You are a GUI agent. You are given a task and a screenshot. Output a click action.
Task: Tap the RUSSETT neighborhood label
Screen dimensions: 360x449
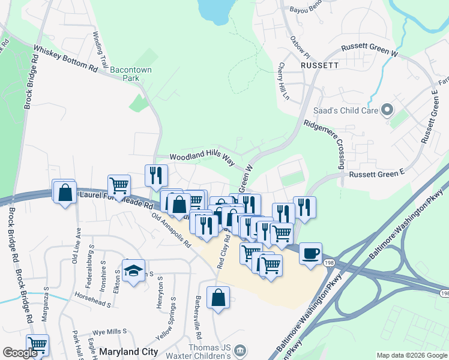coord(320,64)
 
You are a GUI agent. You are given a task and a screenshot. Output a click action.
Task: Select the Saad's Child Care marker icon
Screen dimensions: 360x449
coord(387,110)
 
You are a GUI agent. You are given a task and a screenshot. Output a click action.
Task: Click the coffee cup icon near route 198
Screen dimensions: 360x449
coord(310,253)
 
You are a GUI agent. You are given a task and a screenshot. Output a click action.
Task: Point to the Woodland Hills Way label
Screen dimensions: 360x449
coord(202,157)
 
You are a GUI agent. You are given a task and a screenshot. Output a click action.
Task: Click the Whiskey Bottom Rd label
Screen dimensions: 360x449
coord(65,59)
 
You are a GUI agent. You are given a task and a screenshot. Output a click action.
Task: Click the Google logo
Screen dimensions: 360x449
coord(20,353)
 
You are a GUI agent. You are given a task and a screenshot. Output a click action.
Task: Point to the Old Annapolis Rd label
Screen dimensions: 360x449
coord(171,230)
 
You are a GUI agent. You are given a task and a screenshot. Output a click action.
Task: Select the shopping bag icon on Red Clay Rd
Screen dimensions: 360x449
coord(218,297)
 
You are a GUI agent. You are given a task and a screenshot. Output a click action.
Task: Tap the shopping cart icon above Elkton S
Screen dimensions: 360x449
coord(119,185)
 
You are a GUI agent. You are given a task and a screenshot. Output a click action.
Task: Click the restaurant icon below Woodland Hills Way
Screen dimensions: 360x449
coord(156,175)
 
